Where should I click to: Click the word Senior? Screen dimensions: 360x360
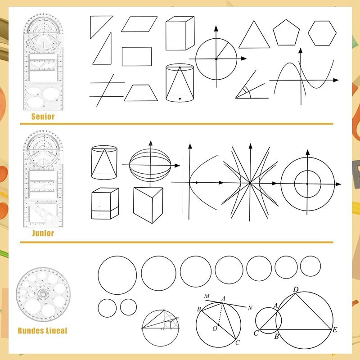click(x=43, y=117)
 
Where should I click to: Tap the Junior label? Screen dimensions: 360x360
click(x=43, y=233)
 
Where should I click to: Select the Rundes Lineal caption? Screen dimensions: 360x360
click(x=42, y=331)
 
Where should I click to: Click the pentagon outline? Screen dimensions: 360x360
click(x=286, y=34)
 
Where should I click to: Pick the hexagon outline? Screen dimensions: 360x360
click(x=322, y=33)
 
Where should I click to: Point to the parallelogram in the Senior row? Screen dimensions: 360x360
click(x=139, y=24)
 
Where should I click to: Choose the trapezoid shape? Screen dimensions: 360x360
click(x=141, y=93)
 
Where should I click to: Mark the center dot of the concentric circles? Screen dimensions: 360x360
click(x=307, y=184)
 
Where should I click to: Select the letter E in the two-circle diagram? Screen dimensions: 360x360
click(x=335, y=330)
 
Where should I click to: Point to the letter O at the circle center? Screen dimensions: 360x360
click(x=215, y=329)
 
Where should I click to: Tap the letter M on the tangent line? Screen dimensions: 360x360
click(x=207, y=296)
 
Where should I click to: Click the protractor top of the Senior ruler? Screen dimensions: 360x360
click(x=43, y=31)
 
